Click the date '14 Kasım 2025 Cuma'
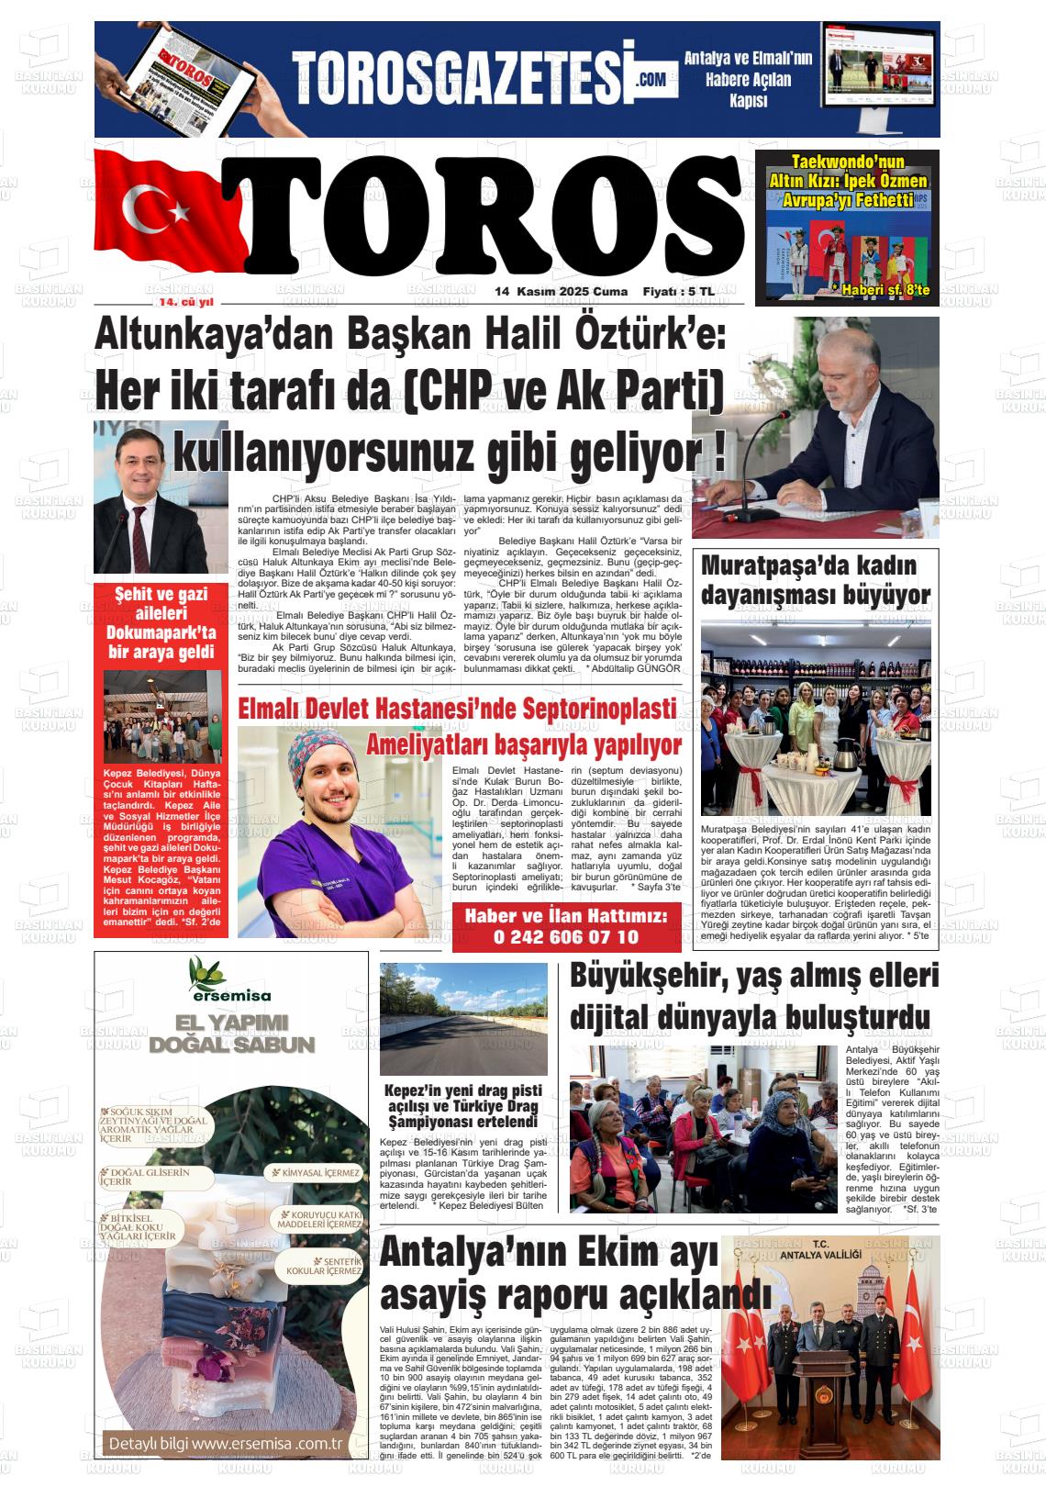click(561, 292)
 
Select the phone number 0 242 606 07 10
click(566, 937)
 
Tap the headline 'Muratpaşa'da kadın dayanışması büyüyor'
click(815, 580)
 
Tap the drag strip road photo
click(463, 1019)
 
